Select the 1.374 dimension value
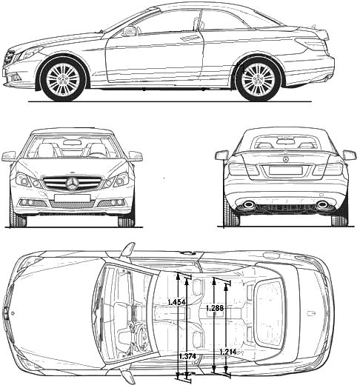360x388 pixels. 187,357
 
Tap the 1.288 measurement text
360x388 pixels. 215,308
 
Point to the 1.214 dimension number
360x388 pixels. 228,352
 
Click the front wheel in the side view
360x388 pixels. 64,79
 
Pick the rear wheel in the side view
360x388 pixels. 259,79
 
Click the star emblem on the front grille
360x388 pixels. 73,184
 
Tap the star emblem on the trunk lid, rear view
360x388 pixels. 285,160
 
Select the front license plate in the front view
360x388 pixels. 72,198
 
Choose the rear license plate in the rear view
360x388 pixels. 285,170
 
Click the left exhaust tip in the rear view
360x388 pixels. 248,204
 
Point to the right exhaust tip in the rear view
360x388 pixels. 322,204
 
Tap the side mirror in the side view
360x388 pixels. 128,31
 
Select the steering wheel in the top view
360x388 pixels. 140,335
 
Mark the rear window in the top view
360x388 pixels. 269,312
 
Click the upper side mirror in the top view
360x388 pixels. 128,250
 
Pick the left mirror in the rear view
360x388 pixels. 221,155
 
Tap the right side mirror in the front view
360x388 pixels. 136,156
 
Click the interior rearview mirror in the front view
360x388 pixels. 73,143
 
